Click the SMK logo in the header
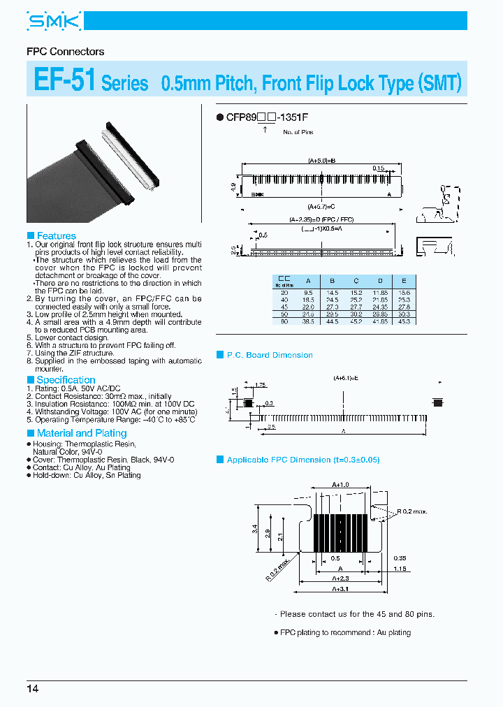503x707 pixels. [x=54, y=22]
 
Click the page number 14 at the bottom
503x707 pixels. [x=33, y=689]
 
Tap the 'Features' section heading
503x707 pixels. [x=56, y=236]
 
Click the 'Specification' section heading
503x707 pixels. [x=66, y=380]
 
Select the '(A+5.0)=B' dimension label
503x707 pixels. [x=322, y=161]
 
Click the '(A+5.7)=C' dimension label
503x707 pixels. [x=322, y=207]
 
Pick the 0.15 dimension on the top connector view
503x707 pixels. [x=379, y=168]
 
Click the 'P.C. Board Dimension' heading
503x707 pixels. [x=270, y=355]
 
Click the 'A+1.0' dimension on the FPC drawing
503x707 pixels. [x=341, y=484]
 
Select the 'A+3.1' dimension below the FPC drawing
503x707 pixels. [x=340, y=590]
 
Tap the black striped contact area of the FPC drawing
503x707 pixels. [x=340, y=533]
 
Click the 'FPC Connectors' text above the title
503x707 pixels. [x=65, y=52]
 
